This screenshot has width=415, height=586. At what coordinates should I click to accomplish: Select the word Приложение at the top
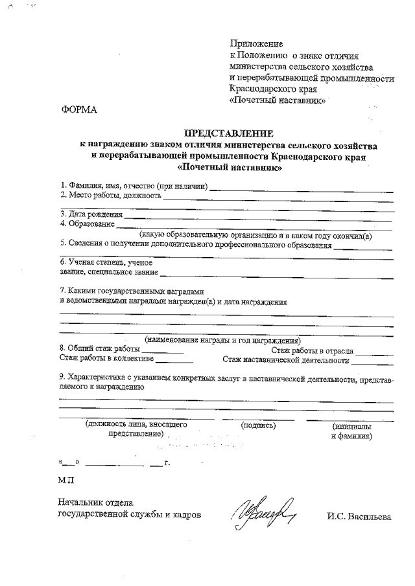[x=257, y=43]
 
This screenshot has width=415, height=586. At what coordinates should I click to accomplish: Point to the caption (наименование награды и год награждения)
[x=224, y=340]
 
